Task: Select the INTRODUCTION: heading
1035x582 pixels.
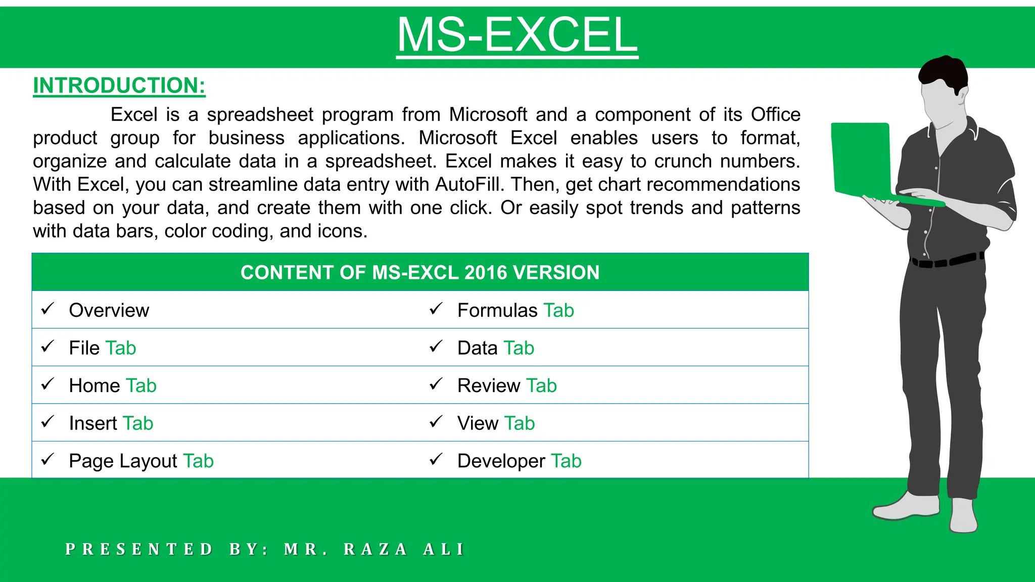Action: (x=119, y=85)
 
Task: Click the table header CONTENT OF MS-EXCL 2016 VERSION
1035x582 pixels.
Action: (x=420, y=272)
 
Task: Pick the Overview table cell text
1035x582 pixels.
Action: (x=109, y=310)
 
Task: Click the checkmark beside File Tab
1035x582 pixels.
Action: (x=48, y=347)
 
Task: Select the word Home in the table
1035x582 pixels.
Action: (x=95, y=385)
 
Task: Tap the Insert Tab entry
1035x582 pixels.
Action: (x=111, y=423)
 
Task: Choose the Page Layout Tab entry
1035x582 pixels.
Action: (x=142, y=461)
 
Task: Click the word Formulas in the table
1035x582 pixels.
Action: (x=497, y=310)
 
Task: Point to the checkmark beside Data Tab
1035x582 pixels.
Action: (x=436, y=347)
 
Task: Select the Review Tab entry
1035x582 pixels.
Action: (x=507, y=385)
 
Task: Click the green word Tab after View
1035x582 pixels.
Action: (x=520, y=423)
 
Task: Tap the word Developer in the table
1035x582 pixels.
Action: (x=501, y=461)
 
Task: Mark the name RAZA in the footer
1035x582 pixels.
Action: (x=375, y=549)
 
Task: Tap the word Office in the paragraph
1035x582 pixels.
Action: (x=775, y=115)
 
